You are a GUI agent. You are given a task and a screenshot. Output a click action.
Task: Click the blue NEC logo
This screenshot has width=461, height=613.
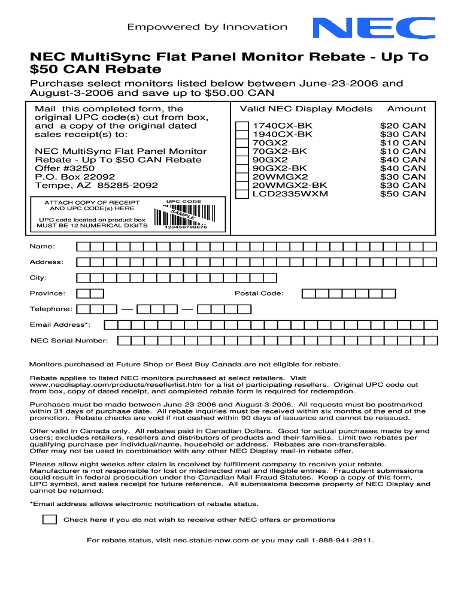point(367,28)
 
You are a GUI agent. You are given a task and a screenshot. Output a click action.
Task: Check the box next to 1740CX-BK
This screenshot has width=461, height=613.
point(242,126)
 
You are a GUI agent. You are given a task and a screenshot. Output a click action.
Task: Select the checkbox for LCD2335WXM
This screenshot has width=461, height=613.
point(242,194)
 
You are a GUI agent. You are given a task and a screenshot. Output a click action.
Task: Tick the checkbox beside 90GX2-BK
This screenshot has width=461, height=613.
point(242,169)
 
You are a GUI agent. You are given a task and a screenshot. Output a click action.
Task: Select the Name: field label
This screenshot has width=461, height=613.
point(43,247)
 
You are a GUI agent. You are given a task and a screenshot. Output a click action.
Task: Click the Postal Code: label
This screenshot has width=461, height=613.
point(259,293)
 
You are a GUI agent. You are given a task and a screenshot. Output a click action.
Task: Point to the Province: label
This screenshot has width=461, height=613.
point(48,293)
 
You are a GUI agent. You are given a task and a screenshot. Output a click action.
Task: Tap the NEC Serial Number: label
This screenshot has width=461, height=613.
point(69,341)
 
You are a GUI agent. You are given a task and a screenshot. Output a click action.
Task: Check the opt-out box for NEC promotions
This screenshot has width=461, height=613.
point(50,519)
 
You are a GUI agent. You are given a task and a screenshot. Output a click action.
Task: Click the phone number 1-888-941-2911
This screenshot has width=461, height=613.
point(342,540)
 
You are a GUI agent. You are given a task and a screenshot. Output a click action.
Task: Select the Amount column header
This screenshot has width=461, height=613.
point(407,109)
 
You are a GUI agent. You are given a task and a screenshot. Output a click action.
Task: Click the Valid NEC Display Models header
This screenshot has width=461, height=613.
point(306,109)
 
